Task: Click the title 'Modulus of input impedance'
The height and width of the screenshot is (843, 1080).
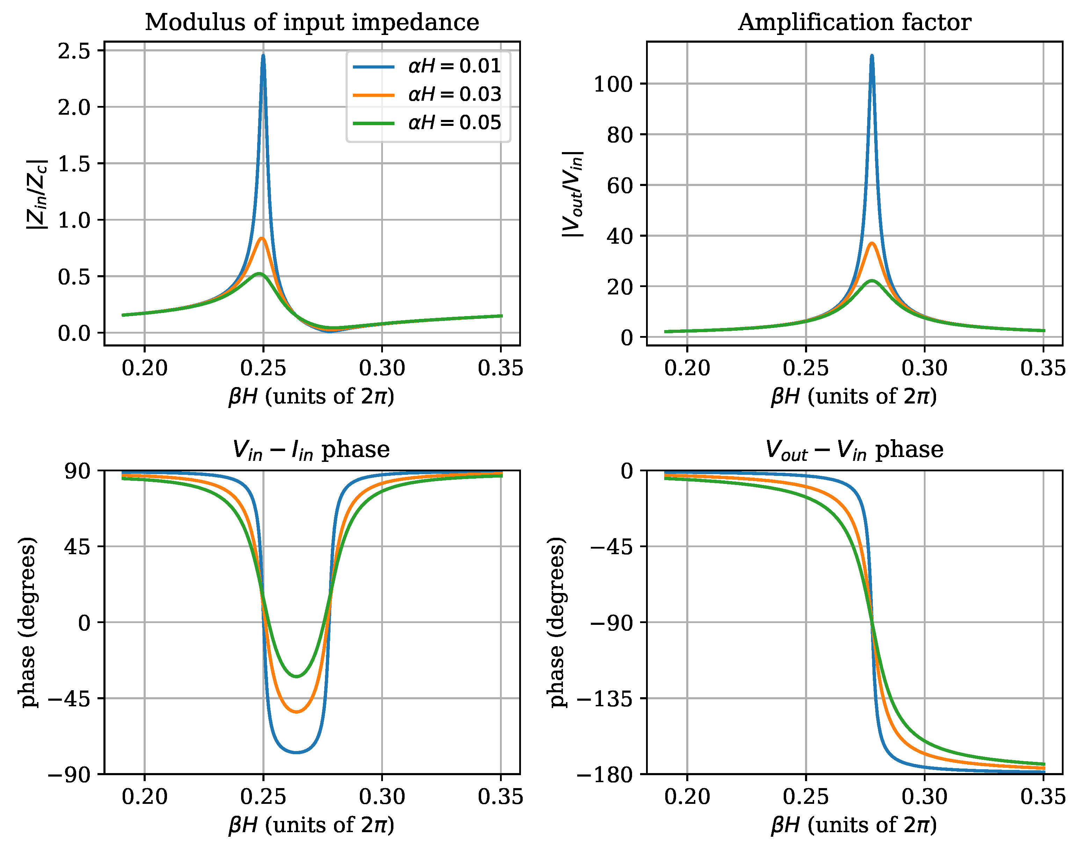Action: coord(312,22)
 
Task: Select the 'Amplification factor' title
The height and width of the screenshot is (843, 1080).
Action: coord(855,22)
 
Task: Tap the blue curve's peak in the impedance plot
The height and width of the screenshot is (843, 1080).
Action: coord(263,55)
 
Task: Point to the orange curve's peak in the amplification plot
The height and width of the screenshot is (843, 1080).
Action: coord(872,243)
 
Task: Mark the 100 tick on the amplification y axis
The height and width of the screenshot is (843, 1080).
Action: coord(613,84)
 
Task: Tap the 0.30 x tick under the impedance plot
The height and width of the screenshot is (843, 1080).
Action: coord(382,368)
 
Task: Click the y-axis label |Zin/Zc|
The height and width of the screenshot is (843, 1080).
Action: coord(37,194)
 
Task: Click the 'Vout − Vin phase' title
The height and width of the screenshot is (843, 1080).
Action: coord(855,450)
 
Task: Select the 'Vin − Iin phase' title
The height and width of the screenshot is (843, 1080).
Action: coord(312,450)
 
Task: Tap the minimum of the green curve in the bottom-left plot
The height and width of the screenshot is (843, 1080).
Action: coord(297,676)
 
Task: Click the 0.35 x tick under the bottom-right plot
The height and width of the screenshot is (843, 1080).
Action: coord(1042,797)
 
